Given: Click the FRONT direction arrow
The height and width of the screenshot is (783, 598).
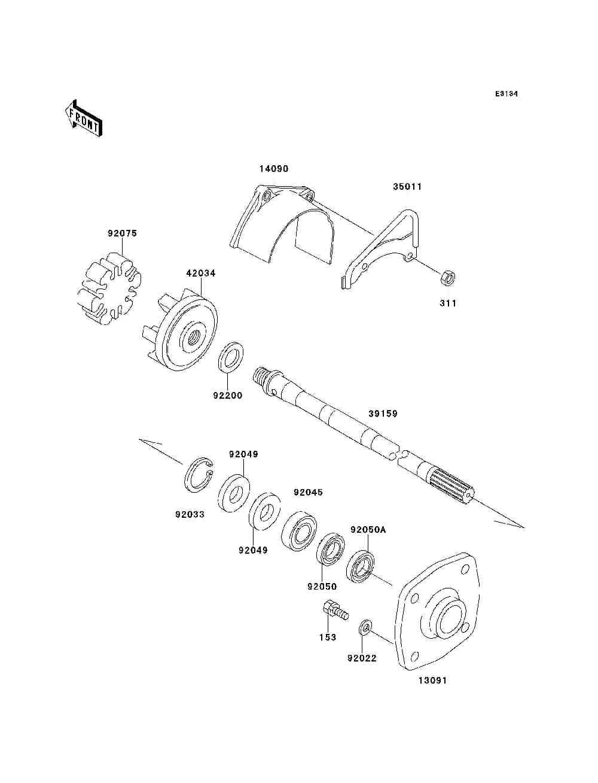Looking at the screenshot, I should click(83, 117).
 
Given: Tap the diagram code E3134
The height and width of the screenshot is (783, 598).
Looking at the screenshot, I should click(506, 94).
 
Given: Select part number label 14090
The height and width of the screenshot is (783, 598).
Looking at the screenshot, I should click(273, 169).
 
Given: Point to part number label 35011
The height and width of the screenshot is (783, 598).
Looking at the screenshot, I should click(407, 187).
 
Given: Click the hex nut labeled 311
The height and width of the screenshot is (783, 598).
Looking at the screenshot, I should click(447, 277).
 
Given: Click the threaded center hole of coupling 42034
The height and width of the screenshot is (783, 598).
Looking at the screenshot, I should click(193, 337).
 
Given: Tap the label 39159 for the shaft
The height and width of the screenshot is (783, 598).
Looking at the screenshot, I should click(383, 414).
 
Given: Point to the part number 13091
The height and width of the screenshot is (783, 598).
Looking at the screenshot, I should click(432, 681).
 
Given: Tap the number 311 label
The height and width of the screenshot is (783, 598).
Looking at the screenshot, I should click(448, 304).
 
